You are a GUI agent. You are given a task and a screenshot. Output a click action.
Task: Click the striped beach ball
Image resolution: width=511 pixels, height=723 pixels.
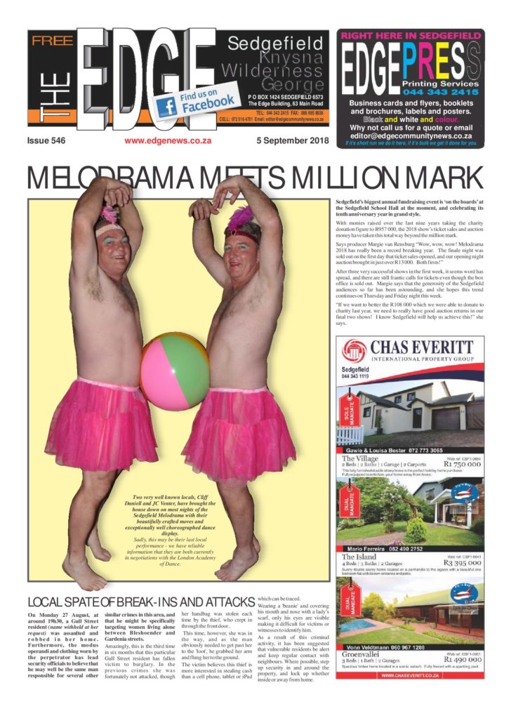175,370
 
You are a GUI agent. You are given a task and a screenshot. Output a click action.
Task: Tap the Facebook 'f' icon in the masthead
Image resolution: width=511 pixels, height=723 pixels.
166,106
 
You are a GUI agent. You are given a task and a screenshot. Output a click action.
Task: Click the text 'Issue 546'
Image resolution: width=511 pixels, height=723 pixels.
46,141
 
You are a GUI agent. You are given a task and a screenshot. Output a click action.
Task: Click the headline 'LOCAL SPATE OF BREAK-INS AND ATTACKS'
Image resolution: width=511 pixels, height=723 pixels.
140,602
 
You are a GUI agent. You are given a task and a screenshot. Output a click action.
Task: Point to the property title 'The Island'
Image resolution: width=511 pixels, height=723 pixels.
358,556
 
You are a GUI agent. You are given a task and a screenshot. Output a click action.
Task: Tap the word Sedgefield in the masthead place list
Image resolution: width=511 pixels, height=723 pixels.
275,44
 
